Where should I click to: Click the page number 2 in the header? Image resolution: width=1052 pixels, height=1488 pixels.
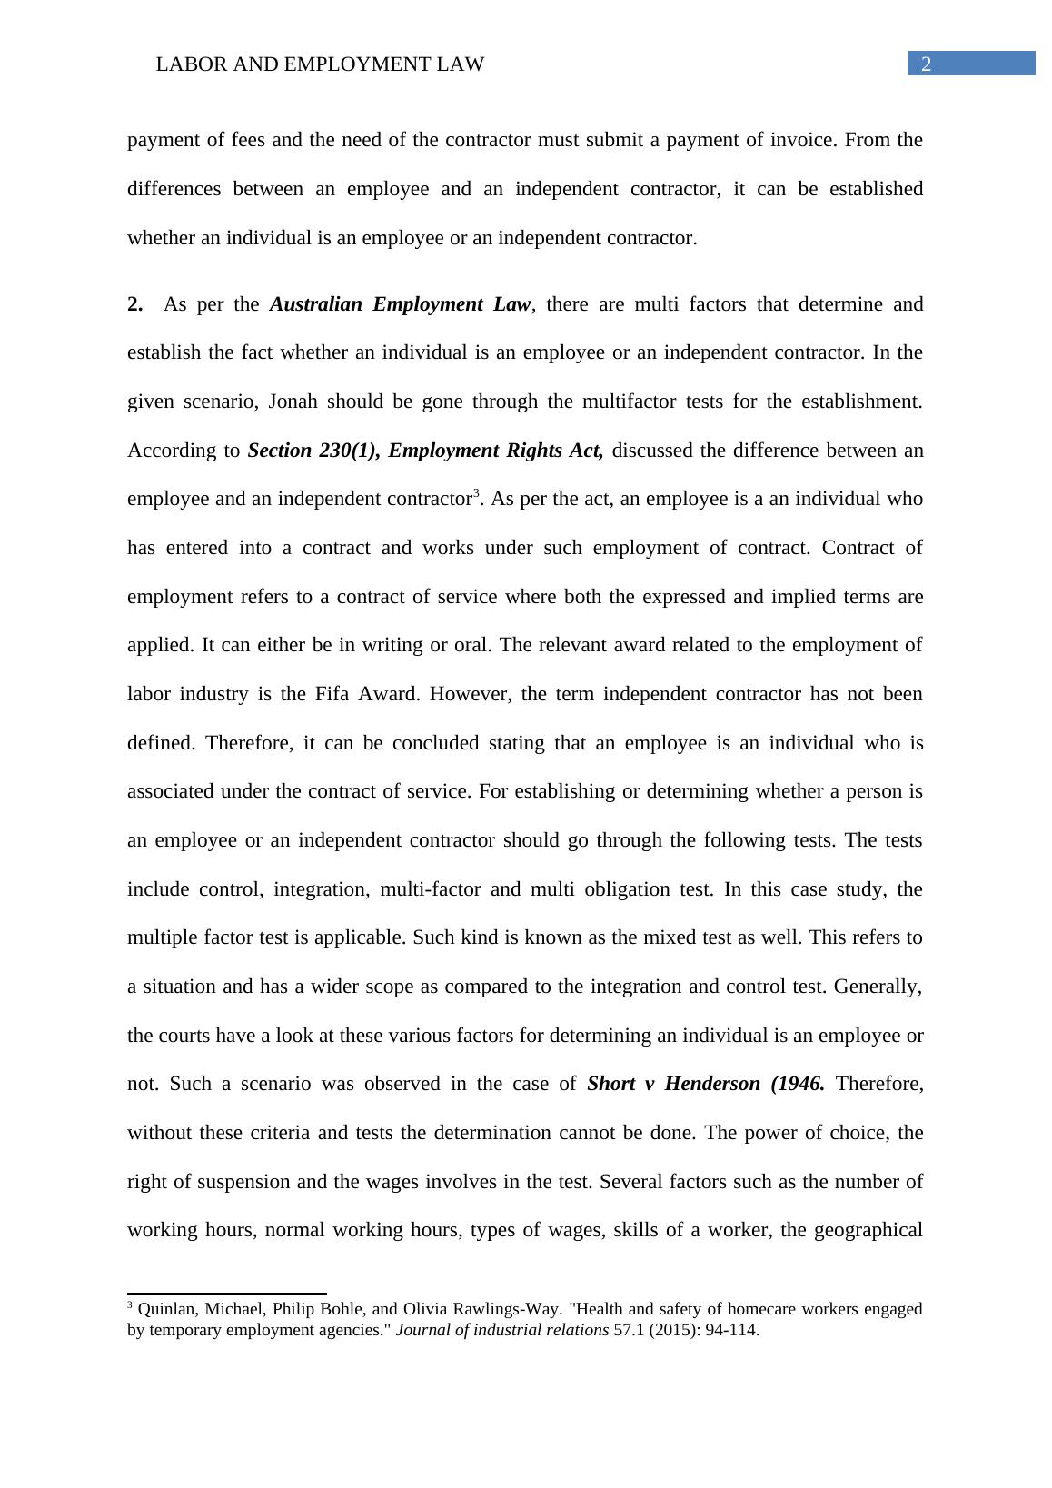pyautogui.click(x=927, y=64)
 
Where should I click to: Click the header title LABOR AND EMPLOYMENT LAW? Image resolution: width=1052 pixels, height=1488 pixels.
pyautogui.click(x=320, y=64)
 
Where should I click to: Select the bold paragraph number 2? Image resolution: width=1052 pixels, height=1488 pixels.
pyautogui.click(x=135, y=304)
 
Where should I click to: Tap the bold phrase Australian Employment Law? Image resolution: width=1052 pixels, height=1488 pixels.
pyautogui.click(x=400, y=304)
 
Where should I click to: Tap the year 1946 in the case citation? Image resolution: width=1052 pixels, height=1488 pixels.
pyautogui.click(x=800, y=1084)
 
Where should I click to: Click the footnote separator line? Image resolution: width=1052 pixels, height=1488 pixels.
pyautogui.click(x=227, y=1293)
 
